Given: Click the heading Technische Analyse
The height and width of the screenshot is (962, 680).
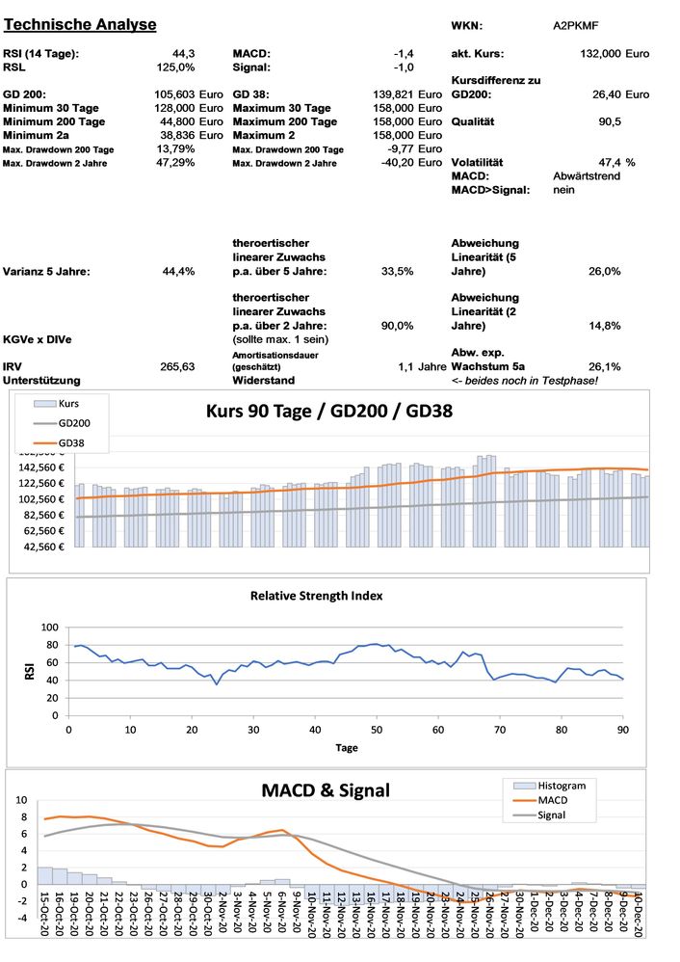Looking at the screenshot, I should point(80,23).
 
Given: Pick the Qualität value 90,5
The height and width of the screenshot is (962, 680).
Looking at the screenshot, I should point(609,122).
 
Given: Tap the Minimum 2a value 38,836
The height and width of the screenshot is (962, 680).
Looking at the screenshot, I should point(176,136).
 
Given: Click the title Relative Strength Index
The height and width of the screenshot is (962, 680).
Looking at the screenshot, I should point(327,596).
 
